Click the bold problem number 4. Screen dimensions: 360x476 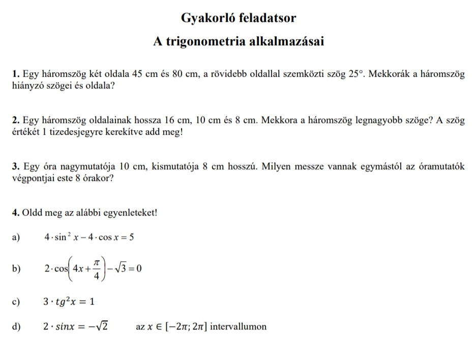pos(15,214)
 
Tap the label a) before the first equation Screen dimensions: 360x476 pos(15,237)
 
